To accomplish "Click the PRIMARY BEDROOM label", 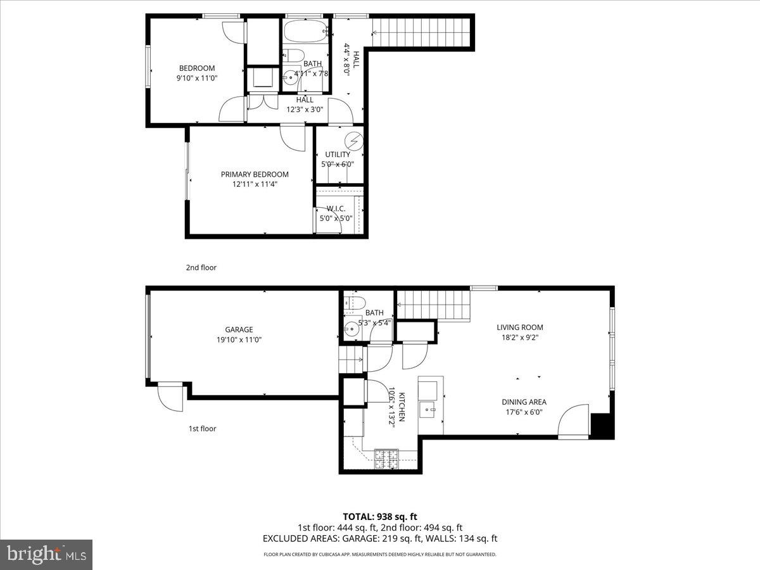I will [255, 174].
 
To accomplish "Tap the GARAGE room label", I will [239, 329].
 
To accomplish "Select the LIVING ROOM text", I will [519, 327].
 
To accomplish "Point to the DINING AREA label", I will [524, 402].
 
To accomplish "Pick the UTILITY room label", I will [338, 155].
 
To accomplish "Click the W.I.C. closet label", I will [335, 209].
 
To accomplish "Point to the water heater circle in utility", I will [354, 141].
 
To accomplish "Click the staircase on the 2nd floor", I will [421, 31].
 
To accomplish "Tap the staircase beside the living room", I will [434, 305].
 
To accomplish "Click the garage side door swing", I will [170, 398].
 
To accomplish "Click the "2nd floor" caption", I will [201, 267].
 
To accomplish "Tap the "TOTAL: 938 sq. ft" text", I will [380, 517].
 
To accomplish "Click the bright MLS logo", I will [46, 555].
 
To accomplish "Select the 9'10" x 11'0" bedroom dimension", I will [196, 78].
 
